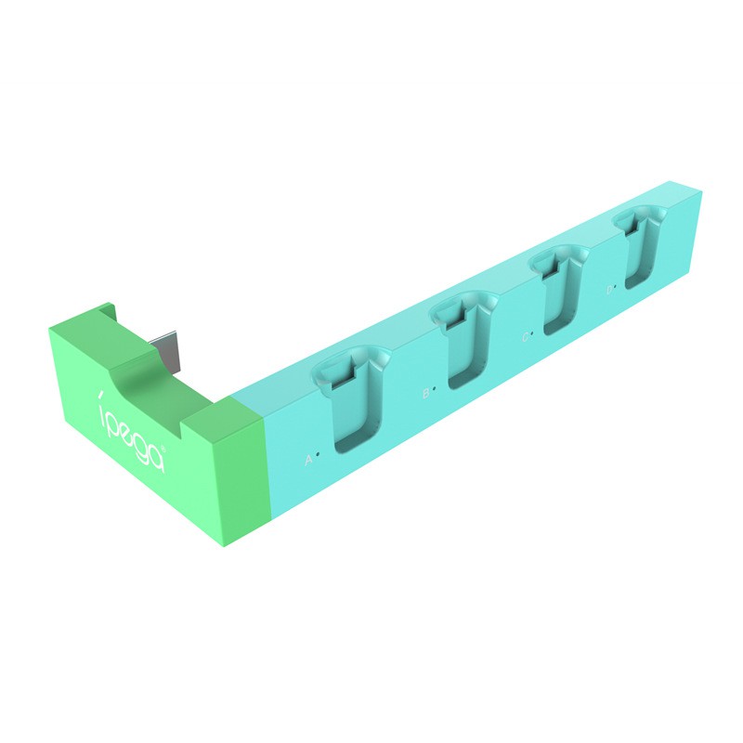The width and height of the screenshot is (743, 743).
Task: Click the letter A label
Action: (x=308, y=459)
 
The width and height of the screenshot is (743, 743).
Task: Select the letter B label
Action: (x=425, y=393)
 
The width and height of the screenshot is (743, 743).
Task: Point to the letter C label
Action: (x=525, y=337)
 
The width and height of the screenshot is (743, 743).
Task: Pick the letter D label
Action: (x=610, y=291)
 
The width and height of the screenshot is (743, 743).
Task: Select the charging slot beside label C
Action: (x=559, y=290)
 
